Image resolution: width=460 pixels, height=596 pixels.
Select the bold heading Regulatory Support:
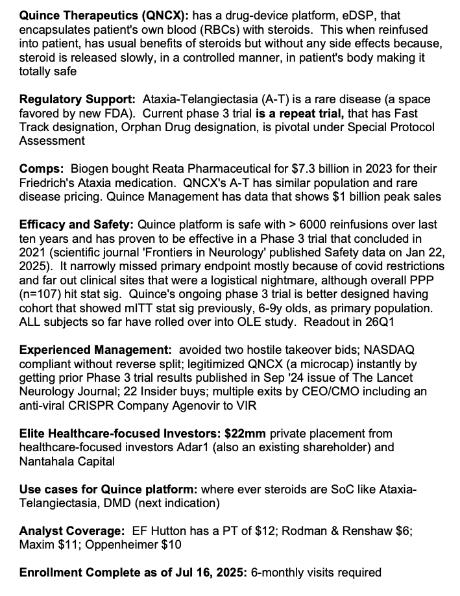[x=76, y=99]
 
